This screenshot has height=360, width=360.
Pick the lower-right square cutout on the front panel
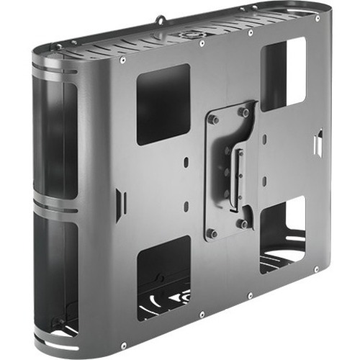pos(282,233)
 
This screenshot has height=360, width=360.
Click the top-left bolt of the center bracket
pos(214,120)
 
